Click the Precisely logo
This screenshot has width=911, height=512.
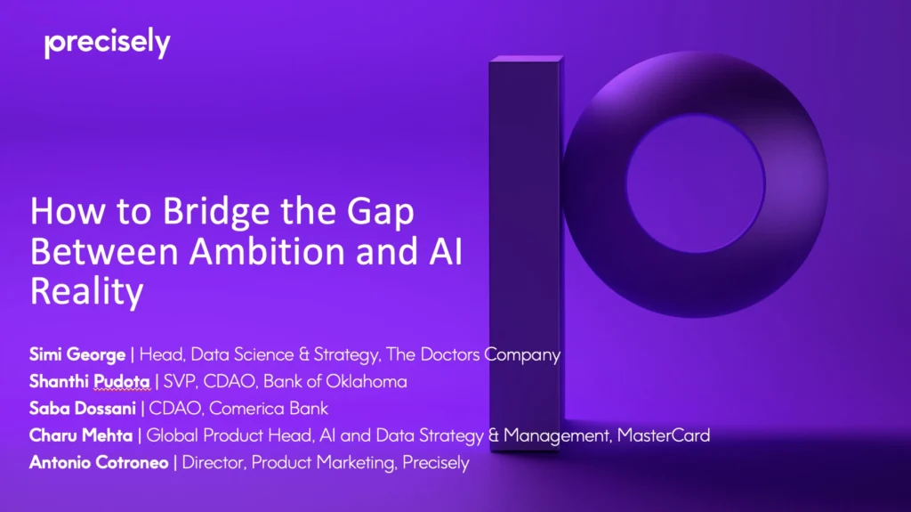[107, 44]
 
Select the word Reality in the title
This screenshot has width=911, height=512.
[86, 291]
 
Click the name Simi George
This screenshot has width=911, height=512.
[77, 354]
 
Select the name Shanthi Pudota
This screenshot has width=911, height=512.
[90, 382]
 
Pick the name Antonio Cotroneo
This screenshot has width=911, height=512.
[99, 463]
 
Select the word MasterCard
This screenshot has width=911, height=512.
[666, 436]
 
